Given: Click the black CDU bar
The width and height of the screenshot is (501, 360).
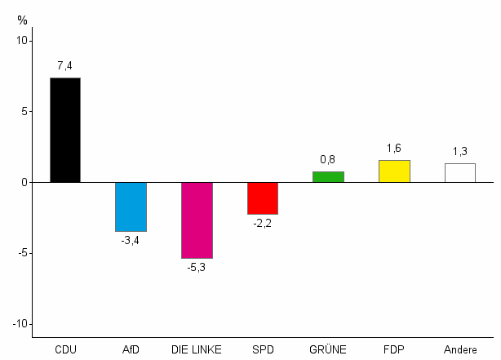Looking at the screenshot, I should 65,130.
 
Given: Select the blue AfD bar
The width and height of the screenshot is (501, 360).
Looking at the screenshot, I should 131,207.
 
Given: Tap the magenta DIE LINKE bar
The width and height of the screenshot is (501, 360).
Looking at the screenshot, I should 197,220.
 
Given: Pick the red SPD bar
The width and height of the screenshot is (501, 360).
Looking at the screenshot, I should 263,198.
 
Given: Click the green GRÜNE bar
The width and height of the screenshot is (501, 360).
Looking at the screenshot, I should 328,176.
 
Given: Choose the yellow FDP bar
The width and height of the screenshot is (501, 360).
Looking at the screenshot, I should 394,171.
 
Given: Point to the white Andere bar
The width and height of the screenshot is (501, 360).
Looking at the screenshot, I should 460,173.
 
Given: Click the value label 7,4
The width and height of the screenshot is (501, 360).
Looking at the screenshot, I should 65,65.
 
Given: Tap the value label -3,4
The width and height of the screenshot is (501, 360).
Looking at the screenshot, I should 131,241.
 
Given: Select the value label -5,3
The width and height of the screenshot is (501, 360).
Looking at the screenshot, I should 197,268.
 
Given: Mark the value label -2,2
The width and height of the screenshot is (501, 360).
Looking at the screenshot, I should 263,224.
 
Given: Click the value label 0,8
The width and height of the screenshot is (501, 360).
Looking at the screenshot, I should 328,159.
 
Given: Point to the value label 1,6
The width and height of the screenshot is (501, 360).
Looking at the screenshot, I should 394,148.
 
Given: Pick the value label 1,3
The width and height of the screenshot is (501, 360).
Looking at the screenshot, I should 460,152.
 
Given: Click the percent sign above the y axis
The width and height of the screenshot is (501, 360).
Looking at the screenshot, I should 22,20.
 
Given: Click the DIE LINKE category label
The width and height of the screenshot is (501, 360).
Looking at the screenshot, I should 197,350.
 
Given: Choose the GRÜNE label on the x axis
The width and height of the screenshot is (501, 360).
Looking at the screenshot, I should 328,350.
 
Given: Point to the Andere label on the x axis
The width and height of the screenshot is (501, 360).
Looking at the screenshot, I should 460,350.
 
